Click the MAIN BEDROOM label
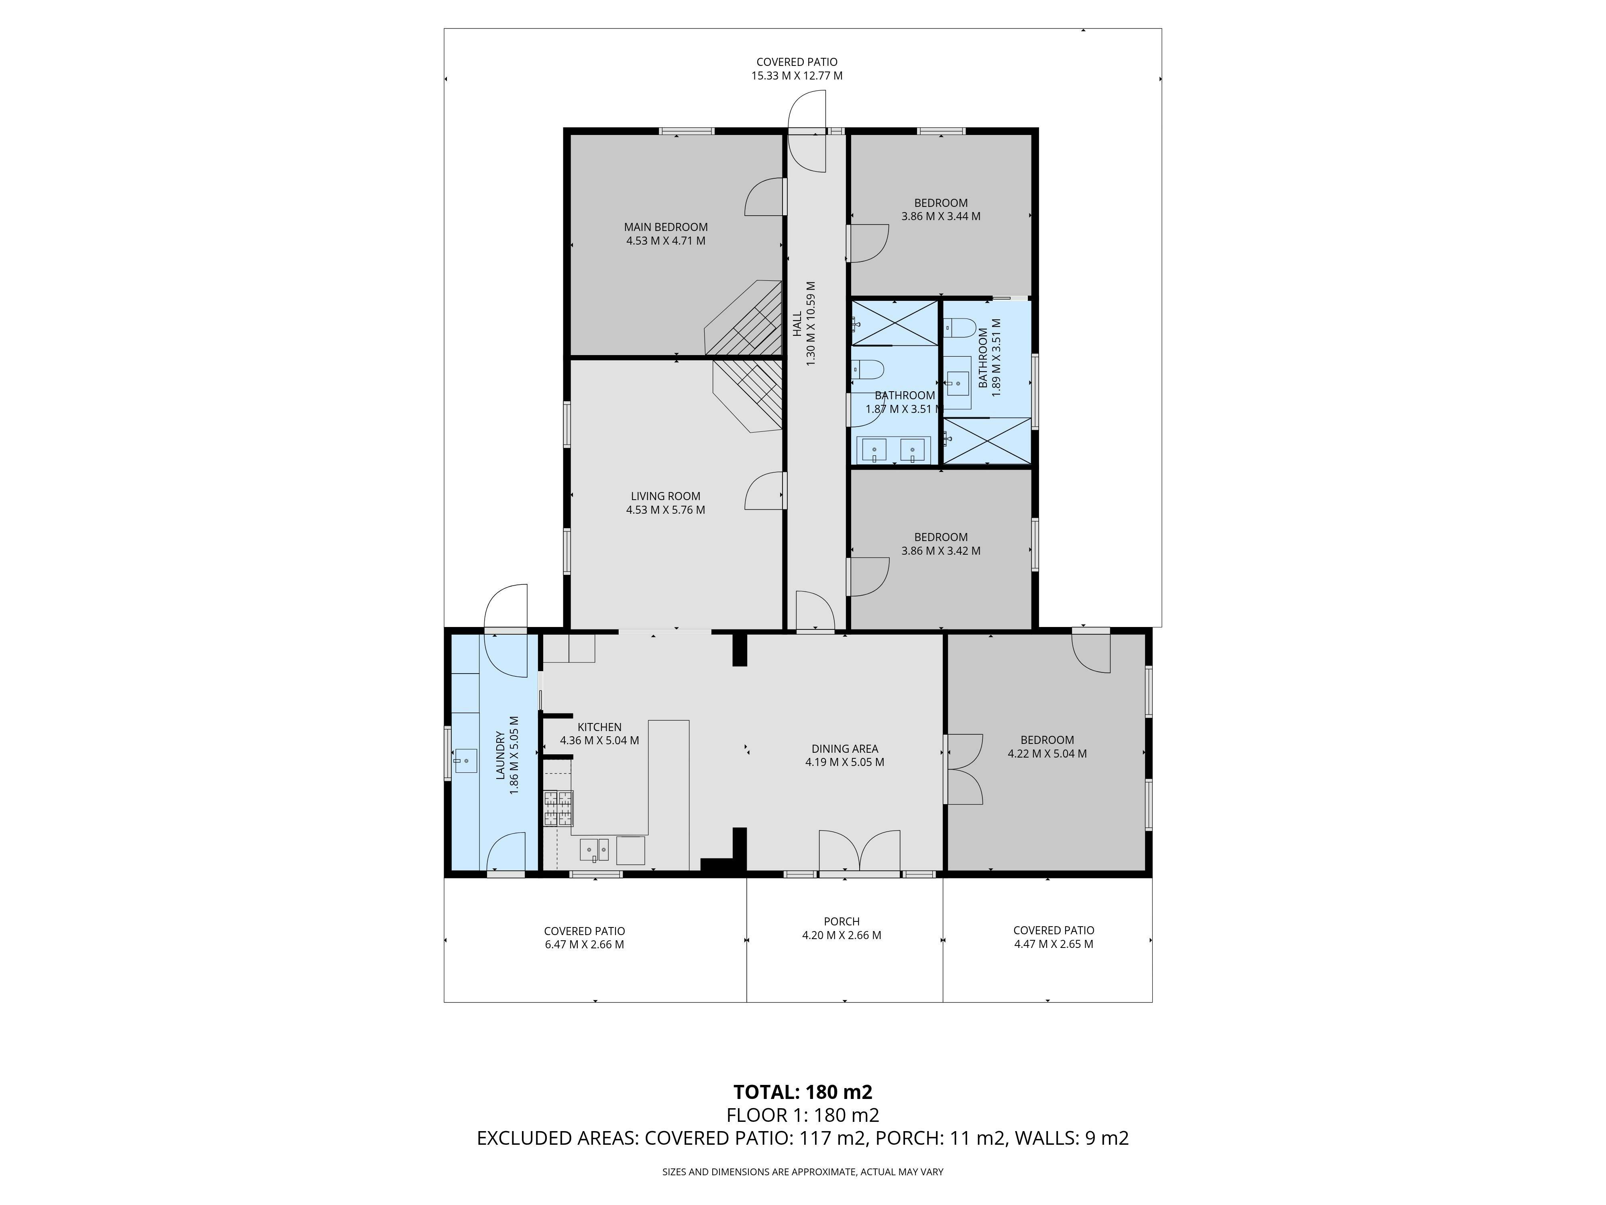(x=666, y=227)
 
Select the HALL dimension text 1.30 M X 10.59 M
(x=811, y=324)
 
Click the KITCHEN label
(x=600, y=727)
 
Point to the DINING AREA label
(x=844, y=749)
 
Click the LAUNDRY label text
(x=500, y=756)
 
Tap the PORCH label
(x=842, y=922)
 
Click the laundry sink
(x=465, y=760)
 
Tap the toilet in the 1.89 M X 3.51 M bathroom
(x=958, y=328)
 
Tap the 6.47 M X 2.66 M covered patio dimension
(x=585, y=945)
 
